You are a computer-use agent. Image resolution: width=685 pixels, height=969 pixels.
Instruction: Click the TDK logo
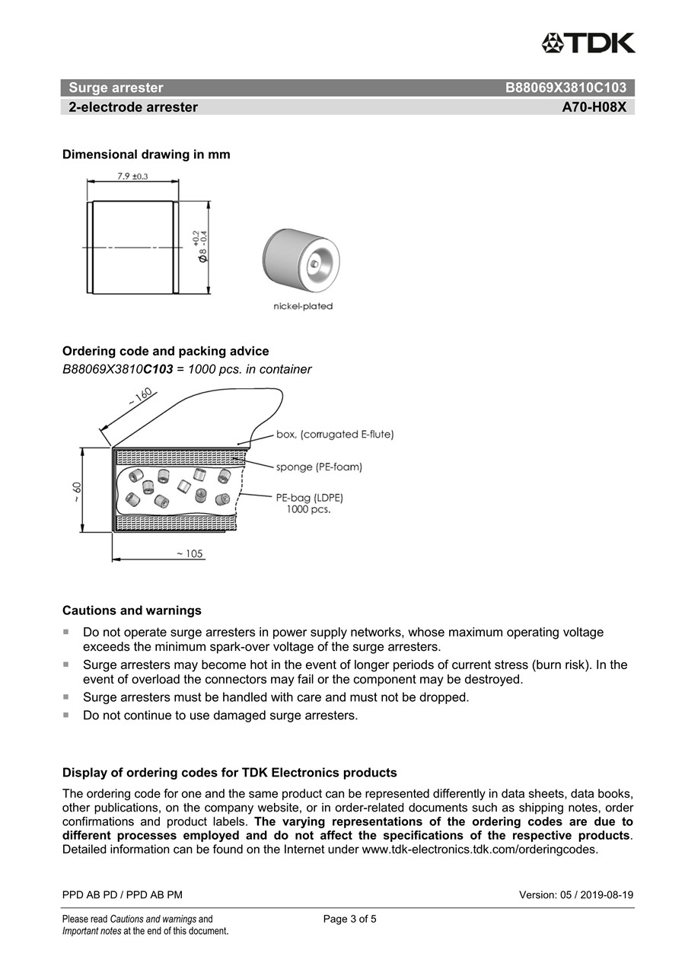588,43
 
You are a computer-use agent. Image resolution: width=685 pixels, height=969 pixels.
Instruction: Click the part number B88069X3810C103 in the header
566,88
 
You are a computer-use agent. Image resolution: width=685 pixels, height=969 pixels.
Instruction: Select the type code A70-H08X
594,107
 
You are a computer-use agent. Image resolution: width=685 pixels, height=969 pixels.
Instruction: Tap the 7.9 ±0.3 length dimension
132,177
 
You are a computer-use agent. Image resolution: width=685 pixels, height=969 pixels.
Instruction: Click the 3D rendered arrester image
301,260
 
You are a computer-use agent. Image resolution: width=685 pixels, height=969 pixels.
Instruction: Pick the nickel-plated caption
303,307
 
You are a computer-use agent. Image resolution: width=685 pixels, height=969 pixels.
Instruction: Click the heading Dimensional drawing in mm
146,155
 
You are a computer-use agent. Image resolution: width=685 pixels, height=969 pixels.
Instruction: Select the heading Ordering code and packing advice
165,351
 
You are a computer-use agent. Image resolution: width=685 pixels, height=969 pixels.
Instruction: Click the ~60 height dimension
78,492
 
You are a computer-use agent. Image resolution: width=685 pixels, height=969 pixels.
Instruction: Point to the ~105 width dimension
190,553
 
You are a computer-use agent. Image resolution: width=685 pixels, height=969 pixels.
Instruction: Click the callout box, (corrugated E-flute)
335,435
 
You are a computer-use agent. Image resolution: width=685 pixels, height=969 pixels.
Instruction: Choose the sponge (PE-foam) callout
319,467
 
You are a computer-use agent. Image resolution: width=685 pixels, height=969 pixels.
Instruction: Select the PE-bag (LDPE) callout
310,498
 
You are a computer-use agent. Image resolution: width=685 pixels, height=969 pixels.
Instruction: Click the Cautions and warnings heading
132,610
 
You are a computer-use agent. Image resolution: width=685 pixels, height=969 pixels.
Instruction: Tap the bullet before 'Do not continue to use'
66,715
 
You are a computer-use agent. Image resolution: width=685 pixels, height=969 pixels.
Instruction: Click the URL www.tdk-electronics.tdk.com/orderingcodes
479,849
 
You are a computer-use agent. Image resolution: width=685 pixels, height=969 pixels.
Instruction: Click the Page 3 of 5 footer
349,919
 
